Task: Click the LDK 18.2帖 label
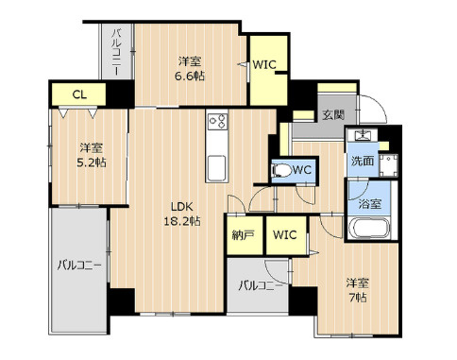pos(182,214)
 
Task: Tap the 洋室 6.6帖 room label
pos(190,68)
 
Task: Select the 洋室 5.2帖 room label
pos(92,155)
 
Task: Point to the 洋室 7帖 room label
pos(358,290)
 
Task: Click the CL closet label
pos(79,94)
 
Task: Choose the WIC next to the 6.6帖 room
pos(264,65)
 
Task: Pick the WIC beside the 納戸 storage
pos(285,234)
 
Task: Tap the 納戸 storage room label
pos(243,235)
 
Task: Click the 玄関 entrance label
pos(333,115)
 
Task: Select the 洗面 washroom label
pos(363,161)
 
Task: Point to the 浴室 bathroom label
pos(370,204)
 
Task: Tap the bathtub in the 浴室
pos(370,228)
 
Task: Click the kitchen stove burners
pos(217,121)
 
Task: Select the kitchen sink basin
pos(216,168)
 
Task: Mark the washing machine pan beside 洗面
pos(388,165)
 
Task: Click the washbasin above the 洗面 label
pos(362,135)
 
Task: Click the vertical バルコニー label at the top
pos(117,52)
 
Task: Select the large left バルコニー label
pos(79,266)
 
